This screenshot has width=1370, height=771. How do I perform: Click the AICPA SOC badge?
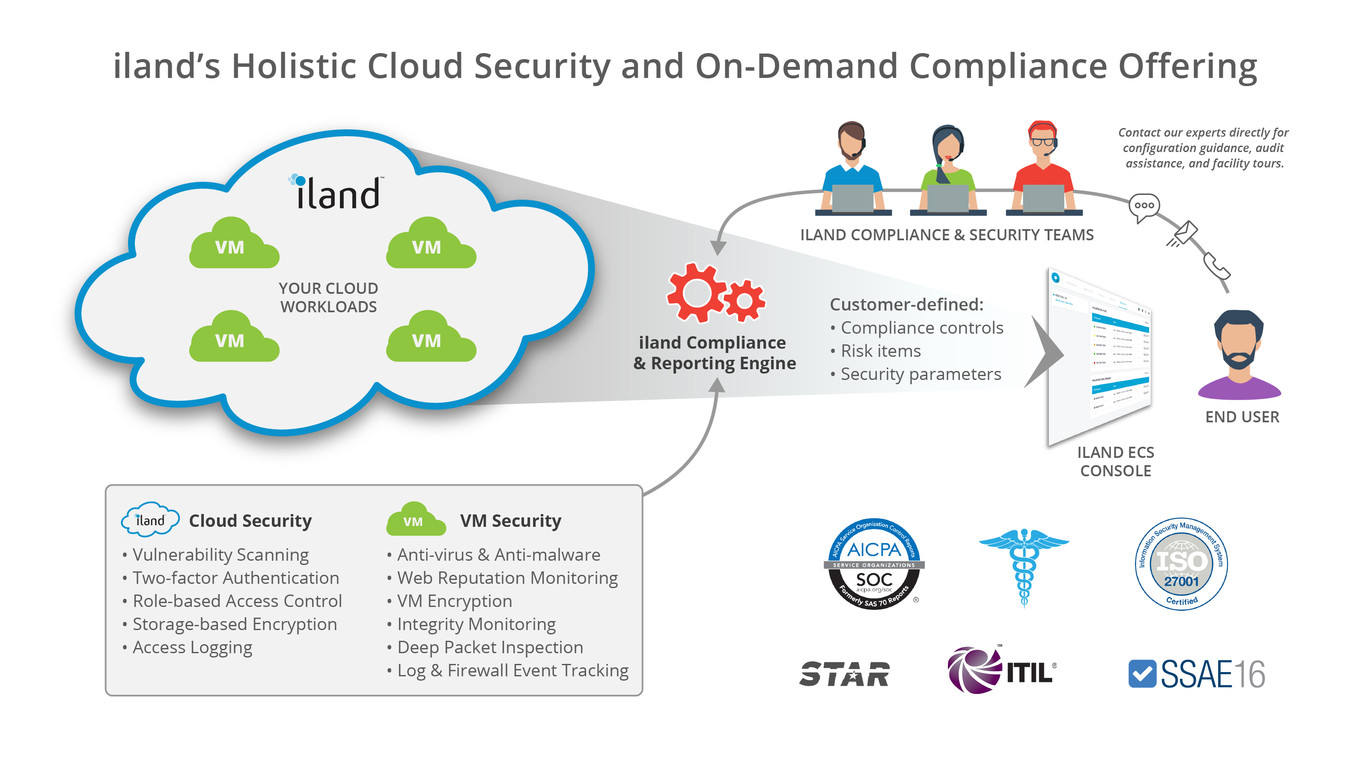coord(874,564)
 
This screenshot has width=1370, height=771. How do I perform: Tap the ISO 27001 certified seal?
coord(1181,564)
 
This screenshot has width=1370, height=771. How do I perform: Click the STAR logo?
coord(844,674)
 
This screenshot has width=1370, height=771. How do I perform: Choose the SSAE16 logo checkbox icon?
coord(1142,674)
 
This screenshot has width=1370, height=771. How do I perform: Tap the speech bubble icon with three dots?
coord(1144,206)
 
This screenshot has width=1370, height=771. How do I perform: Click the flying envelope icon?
coord(1184,234)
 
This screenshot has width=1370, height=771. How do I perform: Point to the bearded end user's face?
coord(1239,343)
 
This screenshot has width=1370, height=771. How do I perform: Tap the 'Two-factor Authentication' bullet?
coord(235,578)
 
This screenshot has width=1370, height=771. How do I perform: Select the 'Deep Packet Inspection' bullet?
coord(490,647)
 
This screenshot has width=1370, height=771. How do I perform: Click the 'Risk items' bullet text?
coord(881,351)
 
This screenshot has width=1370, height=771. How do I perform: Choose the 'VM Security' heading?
coord(511,520)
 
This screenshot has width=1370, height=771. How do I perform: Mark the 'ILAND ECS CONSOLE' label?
coord(1115,461)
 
